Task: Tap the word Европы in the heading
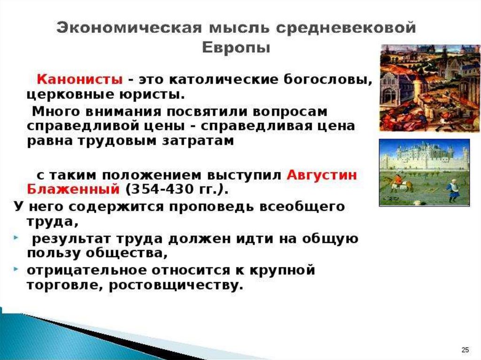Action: click(x=236, y=48)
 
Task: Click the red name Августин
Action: click(x=322, y=175)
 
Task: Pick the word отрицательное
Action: click(x=87, y=270)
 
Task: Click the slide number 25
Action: click(x=465, y=349)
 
